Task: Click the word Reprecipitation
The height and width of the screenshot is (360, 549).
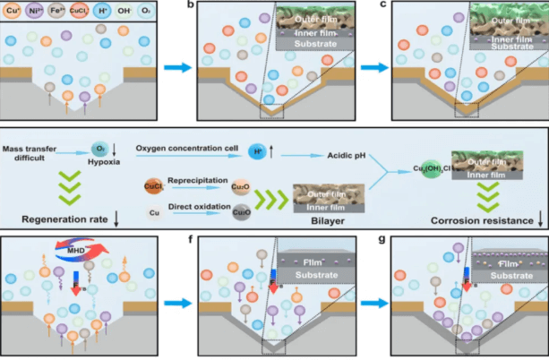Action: [193, 180]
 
